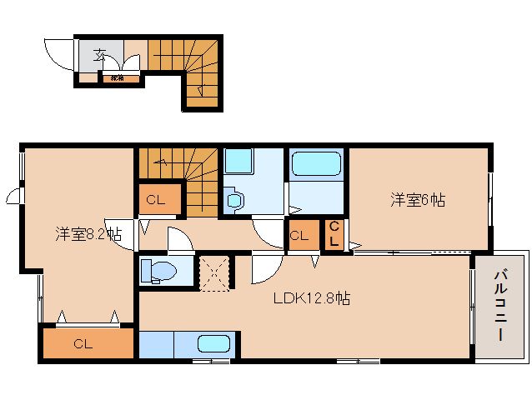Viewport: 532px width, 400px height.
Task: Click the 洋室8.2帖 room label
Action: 88,234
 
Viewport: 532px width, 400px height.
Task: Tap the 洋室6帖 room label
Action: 419,200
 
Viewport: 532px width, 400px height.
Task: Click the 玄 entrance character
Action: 99,56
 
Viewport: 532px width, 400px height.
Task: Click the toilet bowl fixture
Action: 158,270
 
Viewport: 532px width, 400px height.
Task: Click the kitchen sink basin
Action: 213,343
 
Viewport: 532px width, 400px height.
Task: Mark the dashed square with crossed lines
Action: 213,272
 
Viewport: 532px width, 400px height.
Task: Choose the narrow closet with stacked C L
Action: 333,234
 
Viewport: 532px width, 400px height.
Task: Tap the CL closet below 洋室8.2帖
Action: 83,343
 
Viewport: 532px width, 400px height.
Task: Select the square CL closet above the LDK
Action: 299,235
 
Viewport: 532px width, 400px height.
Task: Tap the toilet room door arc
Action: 180,241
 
